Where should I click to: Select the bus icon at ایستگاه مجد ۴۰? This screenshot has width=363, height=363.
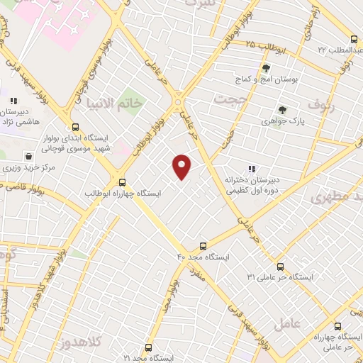click(203, 247)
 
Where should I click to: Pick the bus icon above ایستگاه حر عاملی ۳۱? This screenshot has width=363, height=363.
click(280, 267)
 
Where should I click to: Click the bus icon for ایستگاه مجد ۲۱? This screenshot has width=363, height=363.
click(148, 348)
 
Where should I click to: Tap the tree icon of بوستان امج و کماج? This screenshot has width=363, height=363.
click(266, 69)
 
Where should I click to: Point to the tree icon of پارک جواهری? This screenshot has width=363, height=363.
click(282, 110)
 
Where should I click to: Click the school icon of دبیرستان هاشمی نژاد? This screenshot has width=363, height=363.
click(13, 101)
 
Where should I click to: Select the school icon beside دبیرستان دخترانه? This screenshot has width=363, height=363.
click(250, 169)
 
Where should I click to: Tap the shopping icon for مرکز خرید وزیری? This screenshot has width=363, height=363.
click(28, 156)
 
